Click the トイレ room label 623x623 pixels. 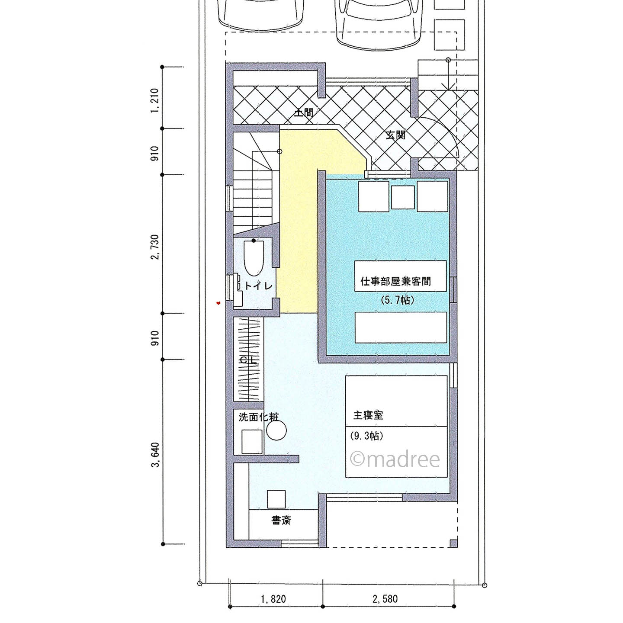(x=258, y=286)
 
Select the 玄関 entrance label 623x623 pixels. (x=395, y=135)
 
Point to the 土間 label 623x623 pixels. (x=303, y=113)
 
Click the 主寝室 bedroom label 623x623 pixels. (x=368, y=415)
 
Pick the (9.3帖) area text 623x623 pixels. (x=367, y=437)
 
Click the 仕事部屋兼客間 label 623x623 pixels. (x=395, y=281)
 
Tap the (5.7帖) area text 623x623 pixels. (x=397, y=300)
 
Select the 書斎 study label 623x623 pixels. (x=281, y=520)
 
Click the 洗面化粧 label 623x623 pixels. (x=259, y=417)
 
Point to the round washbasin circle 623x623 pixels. (x=276, y=431)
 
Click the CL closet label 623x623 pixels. (x=248, y=360)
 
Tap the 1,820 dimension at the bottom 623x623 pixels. (x=273, y=599)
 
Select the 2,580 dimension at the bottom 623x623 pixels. (x=385, y=599)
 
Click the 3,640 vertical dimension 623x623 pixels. (x=155, y=454)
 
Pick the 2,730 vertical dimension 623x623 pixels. (x=155, y=247)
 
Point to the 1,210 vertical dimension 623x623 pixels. (x=155, y=101)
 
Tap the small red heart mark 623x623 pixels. (x=218, y=303)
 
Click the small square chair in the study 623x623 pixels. (x=276, y=499)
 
